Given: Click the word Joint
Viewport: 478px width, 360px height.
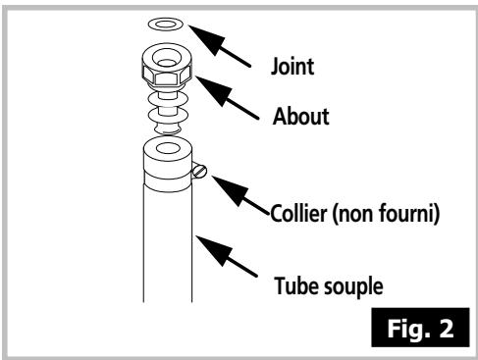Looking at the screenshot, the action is [292, 67].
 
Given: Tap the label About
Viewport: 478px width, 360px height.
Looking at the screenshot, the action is [301, 116].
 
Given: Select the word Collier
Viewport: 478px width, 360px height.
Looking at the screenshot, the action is [298, 213].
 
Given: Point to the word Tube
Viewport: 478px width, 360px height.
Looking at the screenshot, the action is [296, 285].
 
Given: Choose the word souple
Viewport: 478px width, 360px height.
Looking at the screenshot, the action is [353, 287].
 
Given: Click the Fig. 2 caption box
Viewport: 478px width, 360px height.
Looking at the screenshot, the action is [420, 328].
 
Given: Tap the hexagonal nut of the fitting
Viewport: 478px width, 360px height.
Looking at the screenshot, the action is [167, 76].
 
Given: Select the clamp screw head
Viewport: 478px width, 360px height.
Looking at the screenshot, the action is [199, 172].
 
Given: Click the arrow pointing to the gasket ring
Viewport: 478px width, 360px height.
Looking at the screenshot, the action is [220, 46].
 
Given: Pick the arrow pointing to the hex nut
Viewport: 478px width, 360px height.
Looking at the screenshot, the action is [227, 98].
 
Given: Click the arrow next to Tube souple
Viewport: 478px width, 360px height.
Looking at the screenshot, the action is [227, 256].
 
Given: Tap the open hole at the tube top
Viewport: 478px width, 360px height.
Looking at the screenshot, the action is [168, 148].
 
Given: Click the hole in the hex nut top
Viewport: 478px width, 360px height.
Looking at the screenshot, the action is [167, 58].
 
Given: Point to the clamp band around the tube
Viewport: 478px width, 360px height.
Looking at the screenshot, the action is [168, 180].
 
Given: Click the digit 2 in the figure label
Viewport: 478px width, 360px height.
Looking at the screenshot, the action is [446, 328].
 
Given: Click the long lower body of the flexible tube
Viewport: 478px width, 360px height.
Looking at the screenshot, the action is [168, 247].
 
